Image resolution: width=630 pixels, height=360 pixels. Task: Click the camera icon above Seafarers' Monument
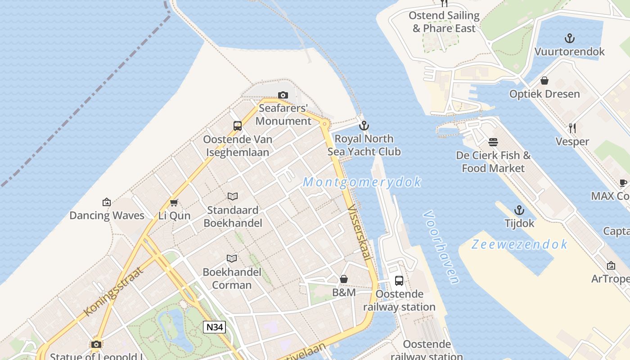pos(283,95)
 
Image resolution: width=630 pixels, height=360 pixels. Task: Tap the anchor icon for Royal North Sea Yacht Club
pos(364,126)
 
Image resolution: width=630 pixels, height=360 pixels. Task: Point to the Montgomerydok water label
pos(362,182)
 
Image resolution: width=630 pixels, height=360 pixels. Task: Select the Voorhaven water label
pos(441,247)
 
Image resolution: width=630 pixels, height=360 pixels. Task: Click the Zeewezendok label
pos(519,244)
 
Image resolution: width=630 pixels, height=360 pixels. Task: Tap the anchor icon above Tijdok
pos(519,210)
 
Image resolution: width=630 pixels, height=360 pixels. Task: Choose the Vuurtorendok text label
pos(570,52)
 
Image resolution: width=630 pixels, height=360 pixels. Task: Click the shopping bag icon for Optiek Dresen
pos(544,81)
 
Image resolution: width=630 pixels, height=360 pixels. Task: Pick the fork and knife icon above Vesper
pos(572,128)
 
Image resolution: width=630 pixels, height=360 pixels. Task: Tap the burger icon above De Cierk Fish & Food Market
pos(493,142)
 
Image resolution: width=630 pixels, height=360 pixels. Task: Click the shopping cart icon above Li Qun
pos(174,203)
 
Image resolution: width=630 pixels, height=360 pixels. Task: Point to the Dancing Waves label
pos(107,216)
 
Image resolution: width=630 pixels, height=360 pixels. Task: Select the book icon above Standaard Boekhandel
pos(232,196)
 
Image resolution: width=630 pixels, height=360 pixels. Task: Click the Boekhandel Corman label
pos(232,279)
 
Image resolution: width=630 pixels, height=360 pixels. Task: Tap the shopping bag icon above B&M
pos(344,279)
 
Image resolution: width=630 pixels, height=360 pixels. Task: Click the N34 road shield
pos(214,327)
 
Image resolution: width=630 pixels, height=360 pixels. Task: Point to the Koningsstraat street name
pos(113,291)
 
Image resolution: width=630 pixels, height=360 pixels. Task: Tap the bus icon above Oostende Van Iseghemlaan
pos(238,126)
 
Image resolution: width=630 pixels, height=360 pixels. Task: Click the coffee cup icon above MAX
pos(623,183)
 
